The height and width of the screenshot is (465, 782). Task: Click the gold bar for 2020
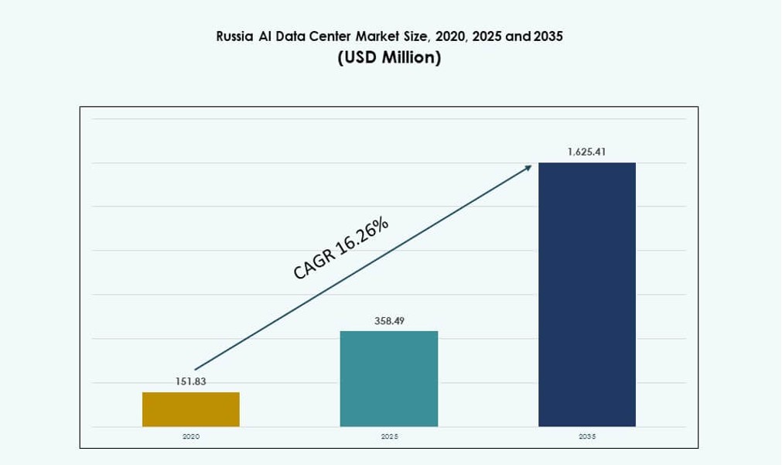(x=190, y=409)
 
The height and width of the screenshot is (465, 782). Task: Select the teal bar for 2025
(x=388, y=378)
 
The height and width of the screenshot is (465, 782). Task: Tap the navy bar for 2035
(x=586, y=294)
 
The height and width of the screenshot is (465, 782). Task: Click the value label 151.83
(x=190, y=381)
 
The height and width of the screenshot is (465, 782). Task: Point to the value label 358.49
(x=389, y=320)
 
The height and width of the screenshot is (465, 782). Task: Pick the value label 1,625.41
(x=586, y=152)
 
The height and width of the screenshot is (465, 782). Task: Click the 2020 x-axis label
(x=190, y=437)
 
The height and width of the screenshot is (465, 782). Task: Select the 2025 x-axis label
(x=389, y=437)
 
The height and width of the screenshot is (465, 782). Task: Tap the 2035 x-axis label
(x=586, y=437)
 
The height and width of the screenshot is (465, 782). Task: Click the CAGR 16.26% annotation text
(x=341, y=248)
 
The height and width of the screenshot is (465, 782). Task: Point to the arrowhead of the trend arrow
(x=528, y=166)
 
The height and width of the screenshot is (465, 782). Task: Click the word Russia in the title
(x=234, y=36)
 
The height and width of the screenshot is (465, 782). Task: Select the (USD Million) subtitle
(x=390, y=58)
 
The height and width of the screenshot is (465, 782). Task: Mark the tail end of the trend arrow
(x=196, y=369)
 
